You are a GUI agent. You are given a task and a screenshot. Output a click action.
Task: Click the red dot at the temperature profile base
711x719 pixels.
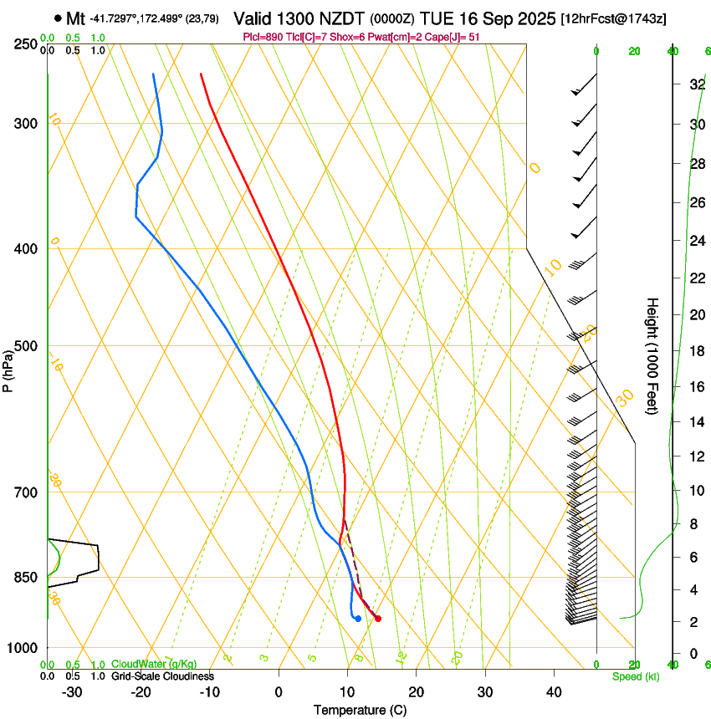click(378, 619)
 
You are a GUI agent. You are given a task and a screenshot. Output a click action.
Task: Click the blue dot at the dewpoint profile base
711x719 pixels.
click(358, 619)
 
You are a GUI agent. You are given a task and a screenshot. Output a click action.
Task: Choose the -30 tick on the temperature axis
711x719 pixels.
click(72, 692)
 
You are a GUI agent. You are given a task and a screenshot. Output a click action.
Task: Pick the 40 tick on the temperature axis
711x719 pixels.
click(554, 692)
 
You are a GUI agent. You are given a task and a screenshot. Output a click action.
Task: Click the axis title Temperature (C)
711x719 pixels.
click(360, 710)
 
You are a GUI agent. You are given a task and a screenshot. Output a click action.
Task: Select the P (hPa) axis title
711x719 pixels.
click(8, 370)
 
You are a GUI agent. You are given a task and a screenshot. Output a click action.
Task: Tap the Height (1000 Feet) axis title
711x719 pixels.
click(652, 356)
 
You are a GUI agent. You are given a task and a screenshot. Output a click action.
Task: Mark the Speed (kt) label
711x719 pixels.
click(635, 676)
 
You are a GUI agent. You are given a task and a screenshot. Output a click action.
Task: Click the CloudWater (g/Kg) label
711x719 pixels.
click(154, 664)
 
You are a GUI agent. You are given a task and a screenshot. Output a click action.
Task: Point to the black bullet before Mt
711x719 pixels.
click(57, 18)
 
